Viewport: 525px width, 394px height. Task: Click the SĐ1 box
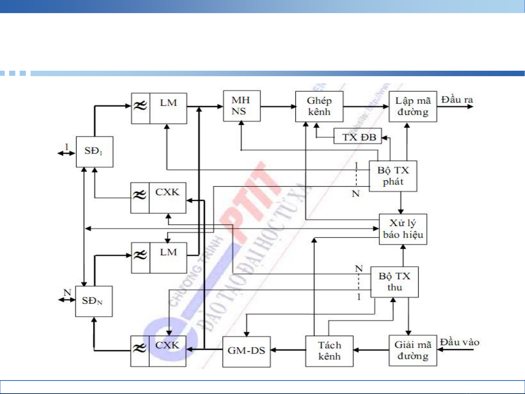(94, 152)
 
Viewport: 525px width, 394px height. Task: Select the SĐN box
(94, 301)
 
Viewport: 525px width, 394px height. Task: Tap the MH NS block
(242, 106)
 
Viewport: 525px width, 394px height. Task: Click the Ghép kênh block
(319, 106)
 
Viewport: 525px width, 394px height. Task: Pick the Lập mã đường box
(413, 106)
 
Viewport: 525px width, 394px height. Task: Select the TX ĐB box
(358, 137)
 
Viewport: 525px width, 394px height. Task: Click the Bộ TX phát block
(393, 176)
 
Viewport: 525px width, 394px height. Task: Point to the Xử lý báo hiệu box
(403, 229)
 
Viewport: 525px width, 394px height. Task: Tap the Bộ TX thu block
(395, 282)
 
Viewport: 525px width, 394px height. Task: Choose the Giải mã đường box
(413, 350)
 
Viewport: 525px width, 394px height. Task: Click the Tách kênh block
(329, 351)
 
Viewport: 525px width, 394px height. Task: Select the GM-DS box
(246, 351)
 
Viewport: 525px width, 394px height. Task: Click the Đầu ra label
(457, 100)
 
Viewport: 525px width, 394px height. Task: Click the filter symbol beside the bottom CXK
(140, 349)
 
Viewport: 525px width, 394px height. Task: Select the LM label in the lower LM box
(168, 252)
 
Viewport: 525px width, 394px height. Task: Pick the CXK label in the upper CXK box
(168, 192)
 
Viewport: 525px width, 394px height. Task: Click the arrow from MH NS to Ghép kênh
(278, 106)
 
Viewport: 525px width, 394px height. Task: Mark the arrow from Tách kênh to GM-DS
(288, 350)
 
